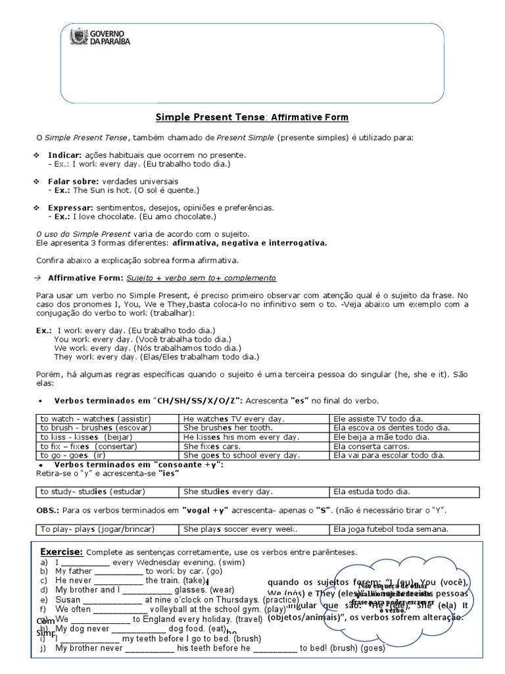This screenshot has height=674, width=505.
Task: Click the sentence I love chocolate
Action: (108, 216)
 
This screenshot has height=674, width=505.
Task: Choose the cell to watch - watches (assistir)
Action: (95, 419)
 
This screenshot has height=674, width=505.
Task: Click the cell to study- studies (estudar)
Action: (92, 491)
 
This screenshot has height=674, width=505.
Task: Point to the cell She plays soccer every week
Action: (240, 529)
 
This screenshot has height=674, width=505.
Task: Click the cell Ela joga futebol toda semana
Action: (391, 529)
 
